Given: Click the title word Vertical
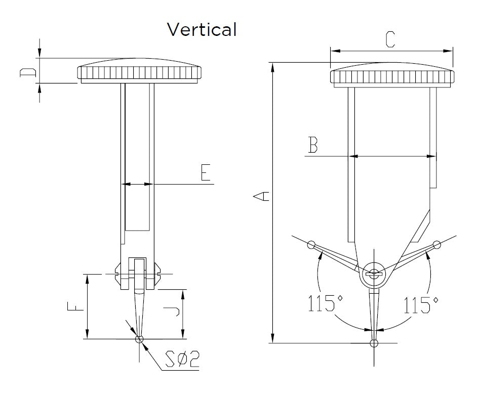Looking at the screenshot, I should [x=202, y=30].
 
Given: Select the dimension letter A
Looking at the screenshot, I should [x=261, y=196].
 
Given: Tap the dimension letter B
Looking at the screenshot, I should [x=313, y=146].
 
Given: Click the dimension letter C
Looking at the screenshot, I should [x=389, y=39].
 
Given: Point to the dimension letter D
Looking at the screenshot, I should [x=28, y=73].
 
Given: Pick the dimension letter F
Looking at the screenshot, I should [x=73, y=306].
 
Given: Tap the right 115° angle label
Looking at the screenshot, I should [x=421, y=305].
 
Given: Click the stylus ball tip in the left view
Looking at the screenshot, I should [x=140, y=339].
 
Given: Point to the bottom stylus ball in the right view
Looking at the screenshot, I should [x=374, y=343].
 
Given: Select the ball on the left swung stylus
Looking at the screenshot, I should [x=311, y=246].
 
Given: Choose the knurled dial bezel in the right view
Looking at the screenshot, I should [x=391, y=77].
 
